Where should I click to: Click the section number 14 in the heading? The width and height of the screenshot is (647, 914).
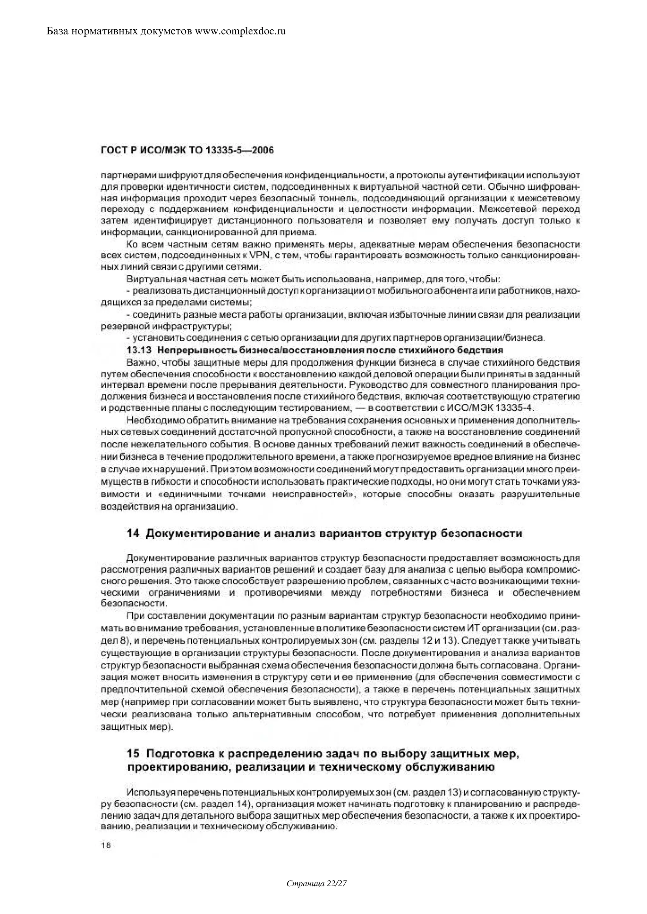click(x=133, y=533)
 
